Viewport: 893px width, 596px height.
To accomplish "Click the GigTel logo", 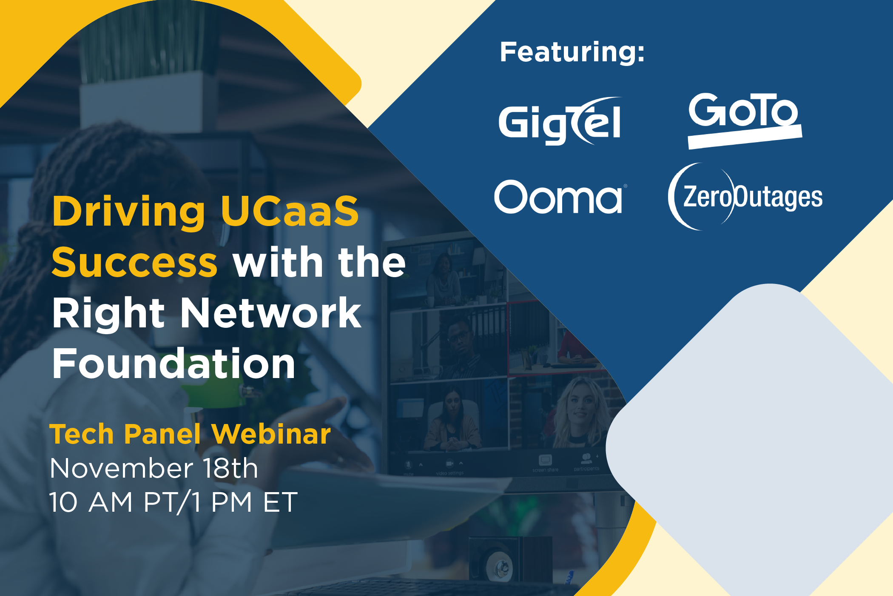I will [560, 121].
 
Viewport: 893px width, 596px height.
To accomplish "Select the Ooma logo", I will [558, 197].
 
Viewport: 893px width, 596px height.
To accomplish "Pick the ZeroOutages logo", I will [745, 197].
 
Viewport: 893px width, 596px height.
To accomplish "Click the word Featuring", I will [572, 52].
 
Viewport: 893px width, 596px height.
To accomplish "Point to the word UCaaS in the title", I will [290, 211].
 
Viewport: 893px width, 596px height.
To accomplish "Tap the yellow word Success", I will [134, 262].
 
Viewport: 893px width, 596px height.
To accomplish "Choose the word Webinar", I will [271, 434].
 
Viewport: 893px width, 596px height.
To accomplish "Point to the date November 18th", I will [154, 468].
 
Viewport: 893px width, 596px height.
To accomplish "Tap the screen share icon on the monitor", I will [545, 460].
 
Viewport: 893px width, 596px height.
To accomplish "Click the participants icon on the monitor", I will [586, 458].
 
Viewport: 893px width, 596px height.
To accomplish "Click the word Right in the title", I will [108, 314].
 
